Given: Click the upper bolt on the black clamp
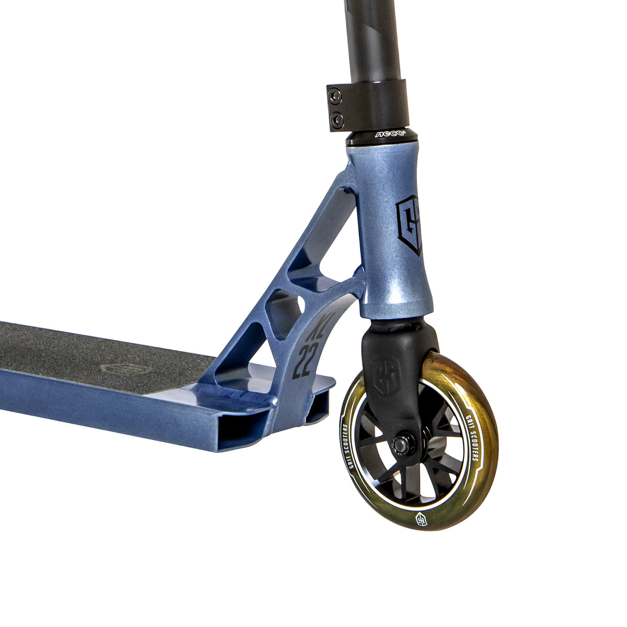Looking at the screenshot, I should pyautogui.click(x=335, y=95).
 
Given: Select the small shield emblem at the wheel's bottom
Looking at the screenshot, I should pyautogui.click(x=421, y=519).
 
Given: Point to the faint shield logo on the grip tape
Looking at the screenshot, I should pyautogui.click(x=117, y=368).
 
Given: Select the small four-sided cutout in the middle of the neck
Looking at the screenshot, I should pyautogui.click(x=285, y=309).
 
